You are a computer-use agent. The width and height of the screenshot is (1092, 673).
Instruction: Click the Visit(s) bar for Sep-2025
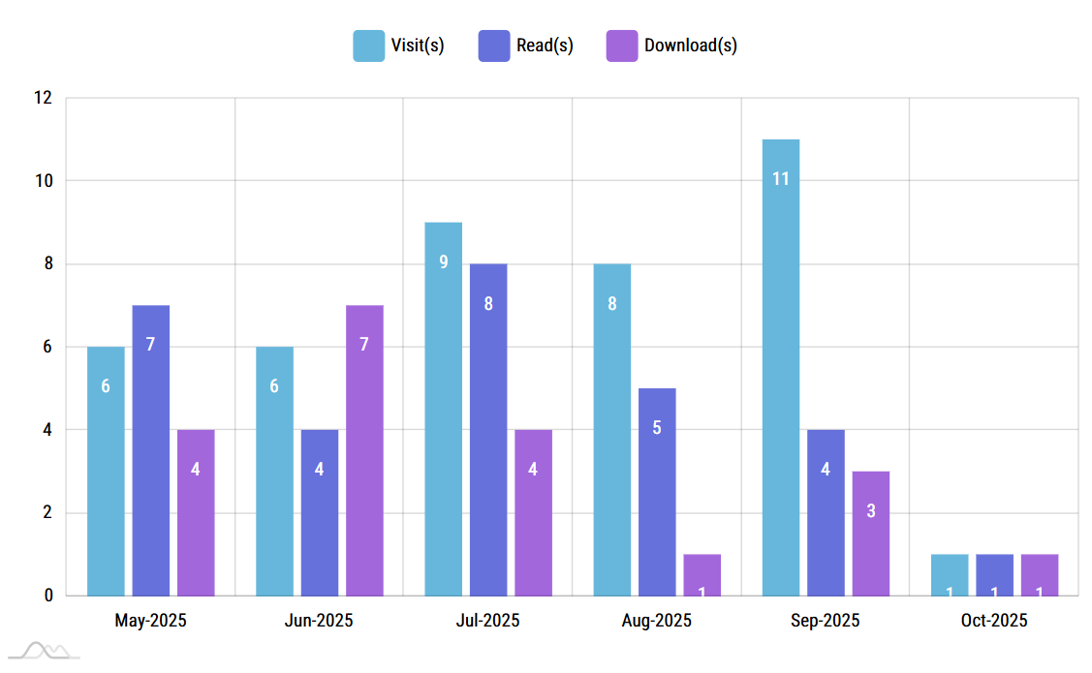tap(780, 367)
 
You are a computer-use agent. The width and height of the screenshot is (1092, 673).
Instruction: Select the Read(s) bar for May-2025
tap(151, 450)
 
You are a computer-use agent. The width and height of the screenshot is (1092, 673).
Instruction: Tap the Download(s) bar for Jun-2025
tap(364, 450)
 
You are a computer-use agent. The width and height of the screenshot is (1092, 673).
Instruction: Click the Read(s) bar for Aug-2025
tap(657, 492)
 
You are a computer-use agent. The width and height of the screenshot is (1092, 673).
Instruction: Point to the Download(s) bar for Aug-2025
tap(702, 575)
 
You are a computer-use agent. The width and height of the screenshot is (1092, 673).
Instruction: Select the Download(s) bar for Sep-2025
tap(871, 534)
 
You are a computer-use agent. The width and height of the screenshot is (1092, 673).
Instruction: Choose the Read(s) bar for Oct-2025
tap(994, 575)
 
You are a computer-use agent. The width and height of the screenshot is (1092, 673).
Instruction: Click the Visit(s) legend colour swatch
tap(368, 46)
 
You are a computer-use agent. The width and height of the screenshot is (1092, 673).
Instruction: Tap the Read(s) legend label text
tap(545, 46)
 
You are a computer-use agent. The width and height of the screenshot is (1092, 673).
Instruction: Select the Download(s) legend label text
tap(691, 46)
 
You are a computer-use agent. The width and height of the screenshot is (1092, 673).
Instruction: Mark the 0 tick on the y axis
tap(47, 596)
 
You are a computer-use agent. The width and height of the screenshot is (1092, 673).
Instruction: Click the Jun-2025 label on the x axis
tap(319, 621)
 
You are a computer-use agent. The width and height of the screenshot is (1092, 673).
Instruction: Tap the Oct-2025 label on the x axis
tap(994, 621)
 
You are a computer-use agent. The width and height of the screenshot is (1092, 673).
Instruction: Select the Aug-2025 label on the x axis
tap(657, 621)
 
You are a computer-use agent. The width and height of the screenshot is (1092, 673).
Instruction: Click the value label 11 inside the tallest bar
tap(780, 178)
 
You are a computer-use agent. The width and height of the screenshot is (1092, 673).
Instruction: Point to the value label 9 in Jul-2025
tap(443, 261)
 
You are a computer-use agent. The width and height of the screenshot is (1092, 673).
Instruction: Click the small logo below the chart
tap(47, 651)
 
